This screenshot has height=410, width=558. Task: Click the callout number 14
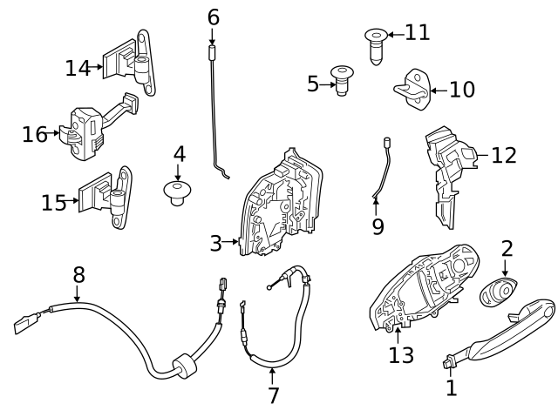point(78,67)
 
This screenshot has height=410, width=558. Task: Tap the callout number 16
point(35,134)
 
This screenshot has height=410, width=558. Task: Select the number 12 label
point(503,155)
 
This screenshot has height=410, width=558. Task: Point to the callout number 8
point(78,275)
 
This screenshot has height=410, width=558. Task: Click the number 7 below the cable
point(273,395)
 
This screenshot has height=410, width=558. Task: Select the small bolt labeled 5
point(342,83)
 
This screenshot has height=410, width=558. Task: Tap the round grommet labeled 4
point(178,192)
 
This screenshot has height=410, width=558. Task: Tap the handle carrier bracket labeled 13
point(418,292)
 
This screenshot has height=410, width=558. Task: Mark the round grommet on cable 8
point(181,366)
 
